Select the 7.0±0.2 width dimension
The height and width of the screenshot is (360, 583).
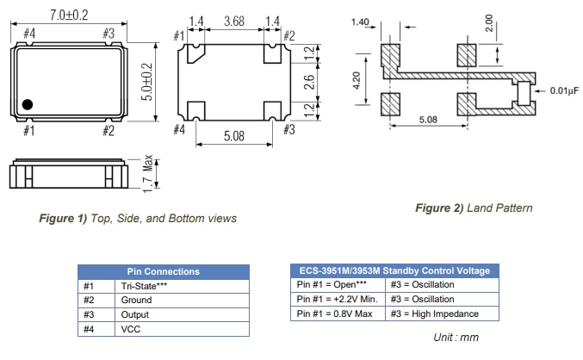coord(68,13)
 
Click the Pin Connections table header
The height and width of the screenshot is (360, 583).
coord(164,271)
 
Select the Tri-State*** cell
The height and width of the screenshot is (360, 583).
coord(144,285)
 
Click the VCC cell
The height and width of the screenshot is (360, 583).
coord(130,328)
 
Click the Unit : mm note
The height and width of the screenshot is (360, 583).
coord(456,338)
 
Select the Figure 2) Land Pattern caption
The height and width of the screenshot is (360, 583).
coord(474,208)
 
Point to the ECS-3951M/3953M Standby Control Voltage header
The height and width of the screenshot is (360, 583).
coord(390,270)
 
